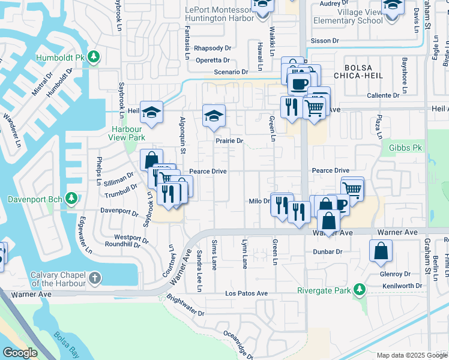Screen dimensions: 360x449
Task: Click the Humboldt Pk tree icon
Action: (93, 57)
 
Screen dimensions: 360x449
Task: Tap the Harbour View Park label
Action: (127, 133)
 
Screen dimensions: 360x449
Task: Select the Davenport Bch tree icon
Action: (71, 198)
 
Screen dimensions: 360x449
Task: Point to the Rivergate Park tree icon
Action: (359, 290)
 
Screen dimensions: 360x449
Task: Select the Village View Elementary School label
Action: (345, 16)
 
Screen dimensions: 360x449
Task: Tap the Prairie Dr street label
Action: (229, 141)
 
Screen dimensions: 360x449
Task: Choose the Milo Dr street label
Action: (259, 202)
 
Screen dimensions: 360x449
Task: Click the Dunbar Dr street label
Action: (327, 252)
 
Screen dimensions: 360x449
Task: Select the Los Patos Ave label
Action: (246, 293)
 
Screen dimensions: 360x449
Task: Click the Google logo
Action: (19, 353)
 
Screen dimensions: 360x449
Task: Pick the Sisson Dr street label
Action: (326, 41)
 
